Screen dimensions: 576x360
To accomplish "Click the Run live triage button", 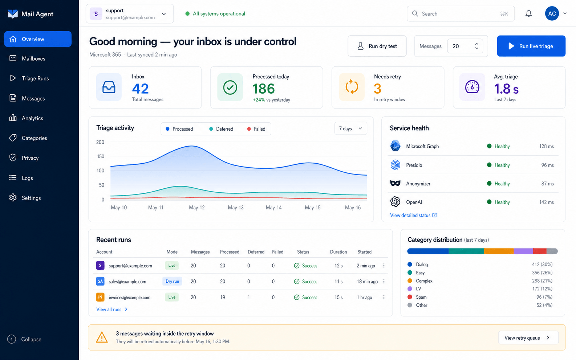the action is (x=531, y=46).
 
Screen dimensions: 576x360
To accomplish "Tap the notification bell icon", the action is (x=528, y=14).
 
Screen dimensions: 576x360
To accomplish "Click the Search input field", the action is (x=461, y=14).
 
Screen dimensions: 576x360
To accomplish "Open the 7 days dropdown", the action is (x=350, y=128).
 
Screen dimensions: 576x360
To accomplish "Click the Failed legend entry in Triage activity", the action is (x=256, y=129).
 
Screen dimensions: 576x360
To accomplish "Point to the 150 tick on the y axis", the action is (x=101, y=156).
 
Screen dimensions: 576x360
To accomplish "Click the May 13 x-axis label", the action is (x=236, y=207).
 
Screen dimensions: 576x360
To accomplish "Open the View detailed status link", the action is (x=413, y=215).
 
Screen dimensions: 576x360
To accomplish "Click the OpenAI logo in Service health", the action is (x=395, y=202).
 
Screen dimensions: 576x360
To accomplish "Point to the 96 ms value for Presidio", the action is (x=547, y=165).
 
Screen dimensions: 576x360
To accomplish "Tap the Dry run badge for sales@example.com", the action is (x=172, y=281).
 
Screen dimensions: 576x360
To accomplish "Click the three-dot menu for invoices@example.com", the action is (x=384, y=297).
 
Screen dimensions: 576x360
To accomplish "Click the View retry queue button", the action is (x=528, y=337).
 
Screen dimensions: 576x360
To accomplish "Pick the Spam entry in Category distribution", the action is (x=421, y=297).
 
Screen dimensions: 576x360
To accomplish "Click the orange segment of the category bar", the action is (x=499, y=251).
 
